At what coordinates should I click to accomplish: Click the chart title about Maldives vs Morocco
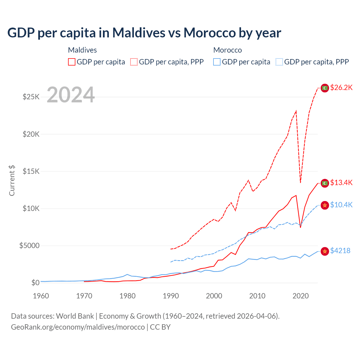[x=144, y=33]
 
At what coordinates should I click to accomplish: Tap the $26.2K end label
[x=341, y=88]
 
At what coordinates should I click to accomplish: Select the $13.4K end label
[x=341, y=183]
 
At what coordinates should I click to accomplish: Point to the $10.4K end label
[x=341, y=205]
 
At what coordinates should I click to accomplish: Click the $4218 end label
[x=340, y=251]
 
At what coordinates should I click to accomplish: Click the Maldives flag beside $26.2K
[x=325, y=88]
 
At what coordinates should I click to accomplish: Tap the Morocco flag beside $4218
[x=325, y=251]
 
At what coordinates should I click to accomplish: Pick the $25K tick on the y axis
[x=31, y=97]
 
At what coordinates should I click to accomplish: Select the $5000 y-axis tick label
[x=29, y=246]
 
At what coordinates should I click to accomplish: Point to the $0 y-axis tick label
[x=35, y=283]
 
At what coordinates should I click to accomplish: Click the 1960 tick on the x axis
[x=41, y=296]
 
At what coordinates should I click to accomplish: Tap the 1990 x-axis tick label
[x=171, y=296]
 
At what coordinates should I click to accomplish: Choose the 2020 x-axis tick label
[x=301, y=296]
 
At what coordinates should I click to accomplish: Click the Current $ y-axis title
[x=12, y=181]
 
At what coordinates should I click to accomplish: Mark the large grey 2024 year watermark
[x=71, y=95]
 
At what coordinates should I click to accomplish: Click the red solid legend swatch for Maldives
[x=72, y=62]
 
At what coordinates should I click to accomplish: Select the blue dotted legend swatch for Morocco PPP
[x=279, y=62]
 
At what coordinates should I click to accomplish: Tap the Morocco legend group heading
[x=228, y=50]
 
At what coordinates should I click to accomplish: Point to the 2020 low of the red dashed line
[x=300, y=182]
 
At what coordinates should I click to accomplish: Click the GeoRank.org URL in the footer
[x=78, y=327]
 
